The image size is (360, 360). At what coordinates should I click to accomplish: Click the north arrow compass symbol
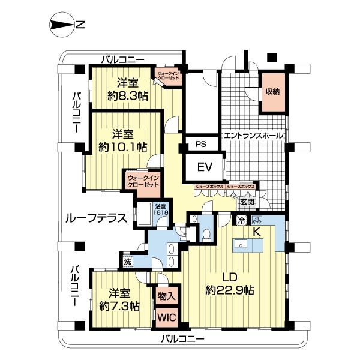tap(65, 25)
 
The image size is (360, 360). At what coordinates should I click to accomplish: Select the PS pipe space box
tap(202, 144)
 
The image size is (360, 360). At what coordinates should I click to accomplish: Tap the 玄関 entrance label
tap(247, 202)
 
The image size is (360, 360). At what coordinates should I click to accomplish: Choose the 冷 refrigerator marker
tap(241, 220)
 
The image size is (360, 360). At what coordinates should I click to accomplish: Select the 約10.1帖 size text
tap(127, 146)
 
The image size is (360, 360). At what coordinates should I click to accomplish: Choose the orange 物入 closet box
tap(166, 296)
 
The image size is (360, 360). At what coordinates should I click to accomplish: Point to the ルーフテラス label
tap(97, 219)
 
